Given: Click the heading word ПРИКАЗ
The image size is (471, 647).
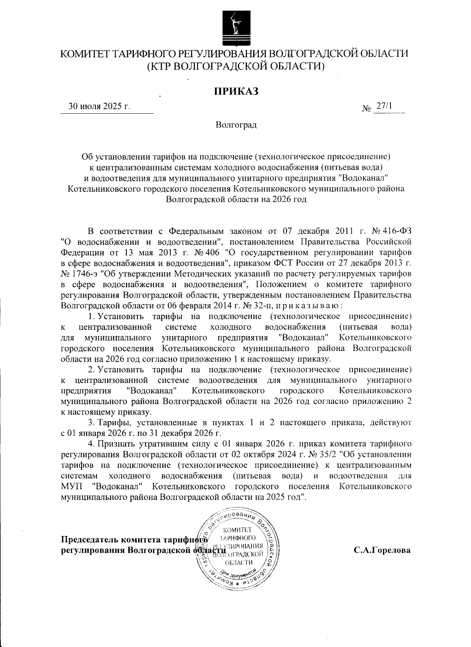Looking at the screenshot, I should (235, 91).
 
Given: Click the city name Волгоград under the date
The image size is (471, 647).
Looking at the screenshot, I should (235, 125).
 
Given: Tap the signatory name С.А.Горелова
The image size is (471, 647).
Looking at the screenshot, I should (382, 550).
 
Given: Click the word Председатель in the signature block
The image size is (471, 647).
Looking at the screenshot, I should (90, 539).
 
